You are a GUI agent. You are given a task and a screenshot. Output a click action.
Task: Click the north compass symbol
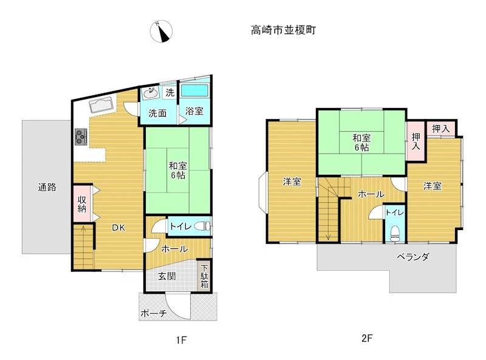click(x=161, y=32)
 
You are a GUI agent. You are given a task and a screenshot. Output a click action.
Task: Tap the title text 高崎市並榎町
click(x=283, y=30)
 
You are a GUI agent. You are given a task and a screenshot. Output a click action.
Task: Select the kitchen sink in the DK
click(x=101, y=105)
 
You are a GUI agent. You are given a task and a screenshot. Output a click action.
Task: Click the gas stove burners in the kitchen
click(x=81, y=137)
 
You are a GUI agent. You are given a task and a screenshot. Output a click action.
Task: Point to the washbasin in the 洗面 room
click(x=150, y=93)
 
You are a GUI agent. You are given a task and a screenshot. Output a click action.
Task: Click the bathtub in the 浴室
click(x=194, y=90)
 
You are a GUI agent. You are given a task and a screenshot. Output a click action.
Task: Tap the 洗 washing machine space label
click(x=170, y=92)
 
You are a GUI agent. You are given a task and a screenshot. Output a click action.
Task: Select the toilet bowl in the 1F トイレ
click(x=203, y=226)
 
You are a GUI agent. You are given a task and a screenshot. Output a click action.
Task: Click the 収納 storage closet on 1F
click(x=82, y=203)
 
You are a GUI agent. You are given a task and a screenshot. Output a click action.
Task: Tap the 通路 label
click(x=47, y=187)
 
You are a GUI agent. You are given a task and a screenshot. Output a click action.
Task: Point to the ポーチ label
click(x=154, y=313)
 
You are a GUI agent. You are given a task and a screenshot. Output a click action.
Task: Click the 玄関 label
click(x=167, y=276)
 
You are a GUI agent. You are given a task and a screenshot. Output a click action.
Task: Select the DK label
click(x=118, y=228)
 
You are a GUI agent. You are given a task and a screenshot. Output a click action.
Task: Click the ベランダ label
click(x=413, y=257)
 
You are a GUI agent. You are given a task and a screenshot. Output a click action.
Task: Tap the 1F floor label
click(x=181, y=340)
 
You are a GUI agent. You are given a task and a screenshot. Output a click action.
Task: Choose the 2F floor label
click(x=367, y=338)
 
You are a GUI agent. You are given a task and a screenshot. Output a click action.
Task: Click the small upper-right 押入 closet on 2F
click(x=441, y=128)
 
